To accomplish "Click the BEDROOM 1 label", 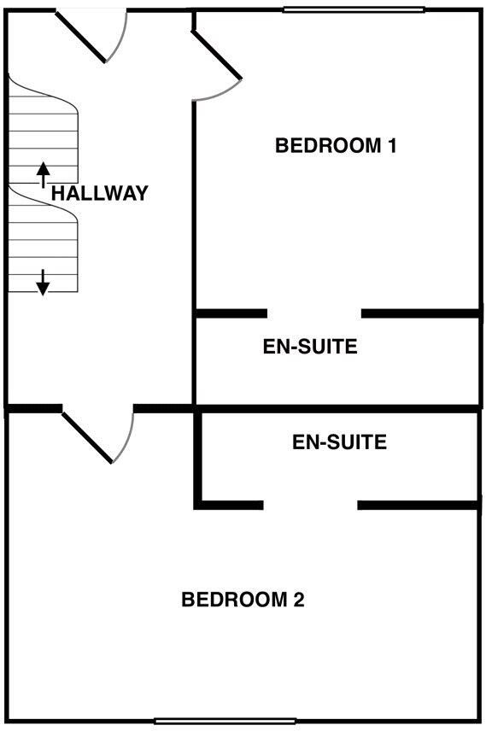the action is pos(336,145).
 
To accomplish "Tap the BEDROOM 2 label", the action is pos(243,599).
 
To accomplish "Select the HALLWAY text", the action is pos(99,193).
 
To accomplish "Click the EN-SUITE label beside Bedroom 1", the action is pos(310,347).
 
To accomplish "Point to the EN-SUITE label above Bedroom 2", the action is pos(339,442).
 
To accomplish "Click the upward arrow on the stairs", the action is pos(44,175).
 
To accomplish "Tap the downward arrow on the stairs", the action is pos(43,283).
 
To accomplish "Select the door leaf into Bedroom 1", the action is pos(217,55).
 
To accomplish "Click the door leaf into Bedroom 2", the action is pos(88,438).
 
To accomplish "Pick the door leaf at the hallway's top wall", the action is pos(81,37).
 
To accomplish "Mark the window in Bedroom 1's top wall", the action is pos(354,9).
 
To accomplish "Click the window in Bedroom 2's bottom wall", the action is pos(225,722).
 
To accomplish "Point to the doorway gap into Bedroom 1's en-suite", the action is pos(314,313).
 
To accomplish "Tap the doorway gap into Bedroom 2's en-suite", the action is pos(311,505).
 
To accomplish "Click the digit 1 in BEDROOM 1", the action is pos(392,145).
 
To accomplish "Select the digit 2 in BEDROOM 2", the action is pos(299,599).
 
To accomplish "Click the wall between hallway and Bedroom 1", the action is pos(194,252).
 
